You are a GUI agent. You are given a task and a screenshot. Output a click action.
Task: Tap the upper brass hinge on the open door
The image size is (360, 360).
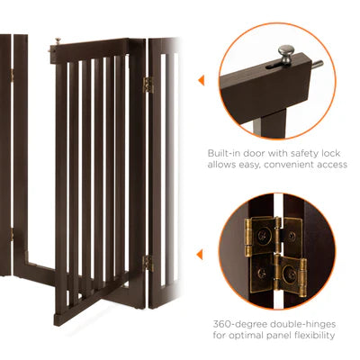coord(148,85)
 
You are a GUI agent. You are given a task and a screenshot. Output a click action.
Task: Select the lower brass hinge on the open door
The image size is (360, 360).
coord(148,263)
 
